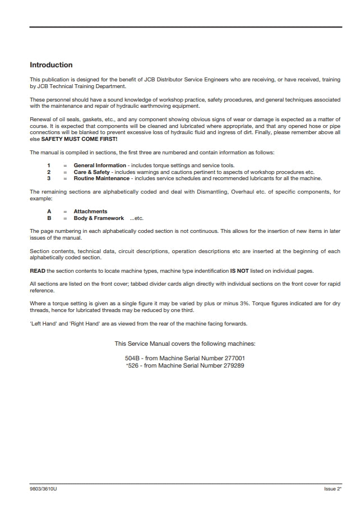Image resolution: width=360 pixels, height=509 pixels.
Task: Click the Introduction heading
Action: coord(51,65)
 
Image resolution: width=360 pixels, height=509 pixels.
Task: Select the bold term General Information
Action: coord(100,166)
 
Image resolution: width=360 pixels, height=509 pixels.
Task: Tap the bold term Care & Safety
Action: coord(91,172)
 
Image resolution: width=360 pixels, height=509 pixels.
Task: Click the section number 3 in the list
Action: coord(49,178)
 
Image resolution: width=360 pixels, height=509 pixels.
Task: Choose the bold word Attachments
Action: coord(90,212)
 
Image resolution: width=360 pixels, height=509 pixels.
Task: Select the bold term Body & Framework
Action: coord(99,218)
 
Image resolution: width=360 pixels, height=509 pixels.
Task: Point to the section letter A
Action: coord(49,212)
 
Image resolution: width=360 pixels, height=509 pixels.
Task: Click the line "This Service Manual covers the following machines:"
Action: coord(185,343)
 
